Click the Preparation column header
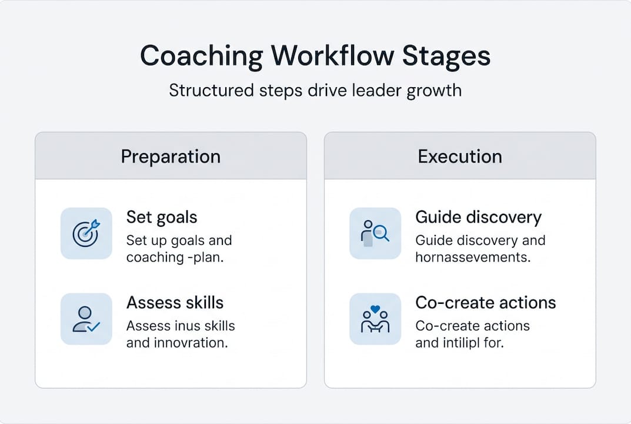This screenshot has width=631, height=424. point(171,156)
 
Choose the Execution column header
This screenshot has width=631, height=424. point(460,156)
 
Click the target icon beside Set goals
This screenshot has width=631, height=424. point(86,233)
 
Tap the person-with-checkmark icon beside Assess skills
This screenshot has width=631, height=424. point(86,319)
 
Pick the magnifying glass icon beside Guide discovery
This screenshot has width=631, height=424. point(375,233)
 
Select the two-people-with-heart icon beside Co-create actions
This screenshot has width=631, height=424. point(375,319)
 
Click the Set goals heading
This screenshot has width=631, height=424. point(162,217)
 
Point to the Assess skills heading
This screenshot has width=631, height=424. point(175,303)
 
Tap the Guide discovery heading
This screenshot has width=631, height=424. point(478,217)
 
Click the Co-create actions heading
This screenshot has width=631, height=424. point(485,303)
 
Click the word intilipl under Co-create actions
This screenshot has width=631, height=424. point(463,343)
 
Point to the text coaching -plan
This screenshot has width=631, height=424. point(175,257)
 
